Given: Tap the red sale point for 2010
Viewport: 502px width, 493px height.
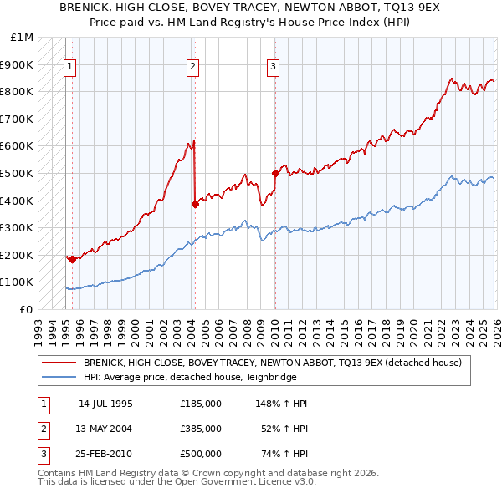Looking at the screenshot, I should pyautogui.click(x=275, y=173).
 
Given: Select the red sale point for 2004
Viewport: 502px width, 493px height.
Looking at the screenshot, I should pyautogui.click(x=195, y=203).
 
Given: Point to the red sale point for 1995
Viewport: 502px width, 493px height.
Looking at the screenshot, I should pyautogui.click(x=72, y=259).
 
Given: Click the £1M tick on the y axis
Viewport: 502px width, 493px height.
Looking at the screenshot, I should pyautogui.click(x=23, y=38).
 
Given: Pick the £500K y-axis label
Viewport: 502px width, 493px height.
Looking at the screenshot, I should pyautogui.click(x=18, y=173).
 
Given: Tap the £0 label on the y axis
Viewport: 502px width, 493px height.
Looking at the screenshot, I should pyautogui.click(x=26, y=309).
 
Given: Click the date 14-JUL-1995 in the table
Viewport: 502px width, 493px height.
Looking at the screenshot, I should pyautogui.click(x=105, y=404).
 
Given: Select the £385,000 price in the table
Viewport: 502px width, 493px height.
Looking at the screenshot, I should pyautogui.click(x=200, y=429).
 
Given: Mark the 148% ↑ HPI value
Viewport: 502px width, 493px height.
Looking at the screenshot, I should pyautogui.click(x=282, y=404).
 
